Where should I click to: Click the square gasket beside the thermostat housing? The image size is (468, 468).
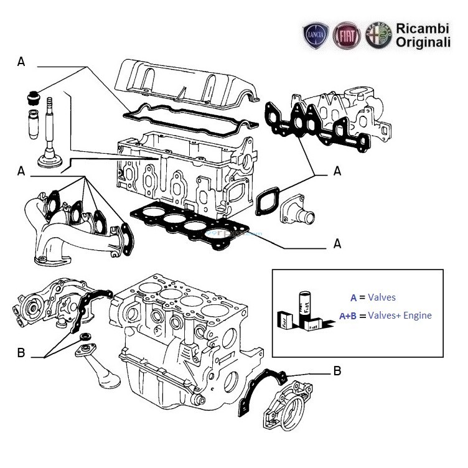coord(267,203)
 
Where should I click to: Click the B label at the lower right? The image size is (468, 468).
coord(337,372)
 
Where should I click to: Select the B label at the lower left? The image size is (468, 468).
coord(21,353)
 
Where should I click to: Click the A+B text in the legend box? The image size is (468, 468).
coord(349,316)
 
